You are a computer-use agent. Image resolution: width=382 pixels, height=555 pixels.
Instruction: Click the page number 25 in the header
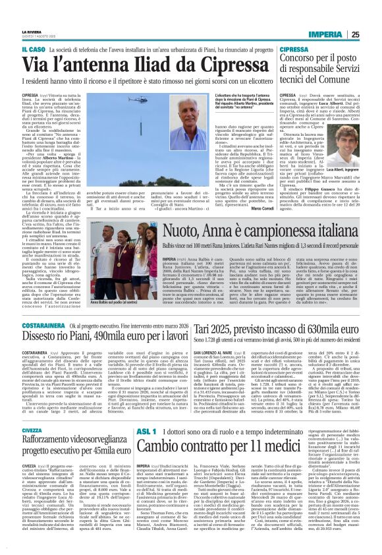373,16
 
